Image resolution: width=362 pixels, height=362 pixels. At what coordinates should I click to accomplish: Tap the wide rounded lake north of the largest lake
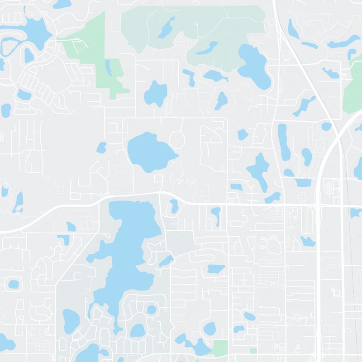(149, 152)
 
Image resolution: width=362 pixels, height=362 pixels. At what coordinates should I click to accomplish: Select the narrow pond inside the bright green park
(108, 68)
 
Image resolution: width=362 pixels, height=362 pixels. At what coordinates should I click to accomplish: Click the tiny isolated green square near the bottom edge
(253, 351)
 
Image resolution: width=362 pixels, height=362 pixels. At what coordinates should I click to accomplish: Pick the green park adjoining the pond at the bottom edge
(220, 348)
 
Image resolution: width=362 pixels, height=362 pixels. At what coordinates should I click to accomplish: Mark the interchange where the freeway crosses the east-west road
(319, 206)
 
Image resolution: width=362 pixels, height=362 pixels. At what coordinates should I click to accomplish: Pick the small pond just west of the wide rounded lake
(101, 147)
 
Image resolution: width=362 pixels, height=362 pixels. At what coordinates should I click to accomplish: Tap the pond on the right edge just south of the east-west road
(356, 213)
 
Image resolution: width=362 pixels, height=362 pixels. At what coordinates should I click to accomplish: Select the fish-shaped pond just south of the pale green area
(215, 75)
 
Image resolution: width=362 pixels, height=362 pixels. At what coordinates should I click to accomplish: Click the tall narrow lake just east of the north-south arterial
(282, 140)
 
